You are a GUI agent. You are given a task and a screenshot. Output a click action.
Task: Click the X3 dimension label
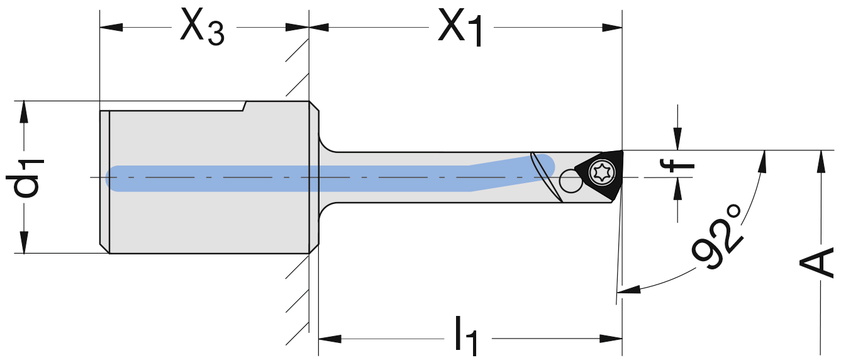201,28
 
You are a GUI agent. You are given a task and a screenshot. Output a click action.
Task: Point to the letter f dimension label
677,166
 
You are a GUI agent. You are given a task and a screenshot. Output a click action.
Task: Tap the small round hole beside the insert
571,181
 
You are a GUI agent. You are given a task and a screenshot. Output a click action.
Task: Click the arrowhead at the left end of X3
111,27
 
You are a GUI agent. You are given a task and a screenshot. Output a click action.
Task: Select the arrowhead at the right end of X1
611,27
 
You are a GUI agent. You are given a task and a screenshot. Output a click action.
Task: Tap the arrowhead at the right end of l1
611,339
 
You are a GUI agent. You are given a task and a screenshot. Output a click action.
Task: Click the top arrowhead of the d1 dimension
24,111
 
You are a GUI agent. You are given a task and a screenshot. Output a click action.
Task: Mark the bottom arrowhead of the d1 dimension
24,242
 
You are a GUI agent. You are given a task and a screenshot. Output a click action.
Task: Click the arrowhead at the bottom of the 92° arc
628,290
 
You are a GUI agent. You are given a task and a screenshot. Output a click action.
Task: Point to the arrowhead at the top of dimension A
820,161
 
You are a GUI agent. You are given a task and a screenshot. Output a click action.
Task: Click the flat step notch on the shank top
245,106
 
